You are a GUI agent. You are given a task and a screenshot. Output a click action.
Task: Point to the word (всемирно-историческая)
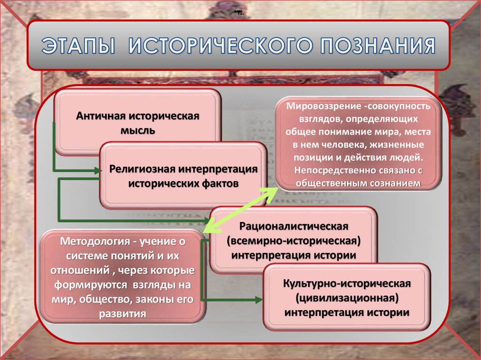[293, 241]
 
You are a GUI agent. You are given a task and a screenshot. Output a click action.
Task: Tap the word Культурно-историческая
[347, 284]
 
